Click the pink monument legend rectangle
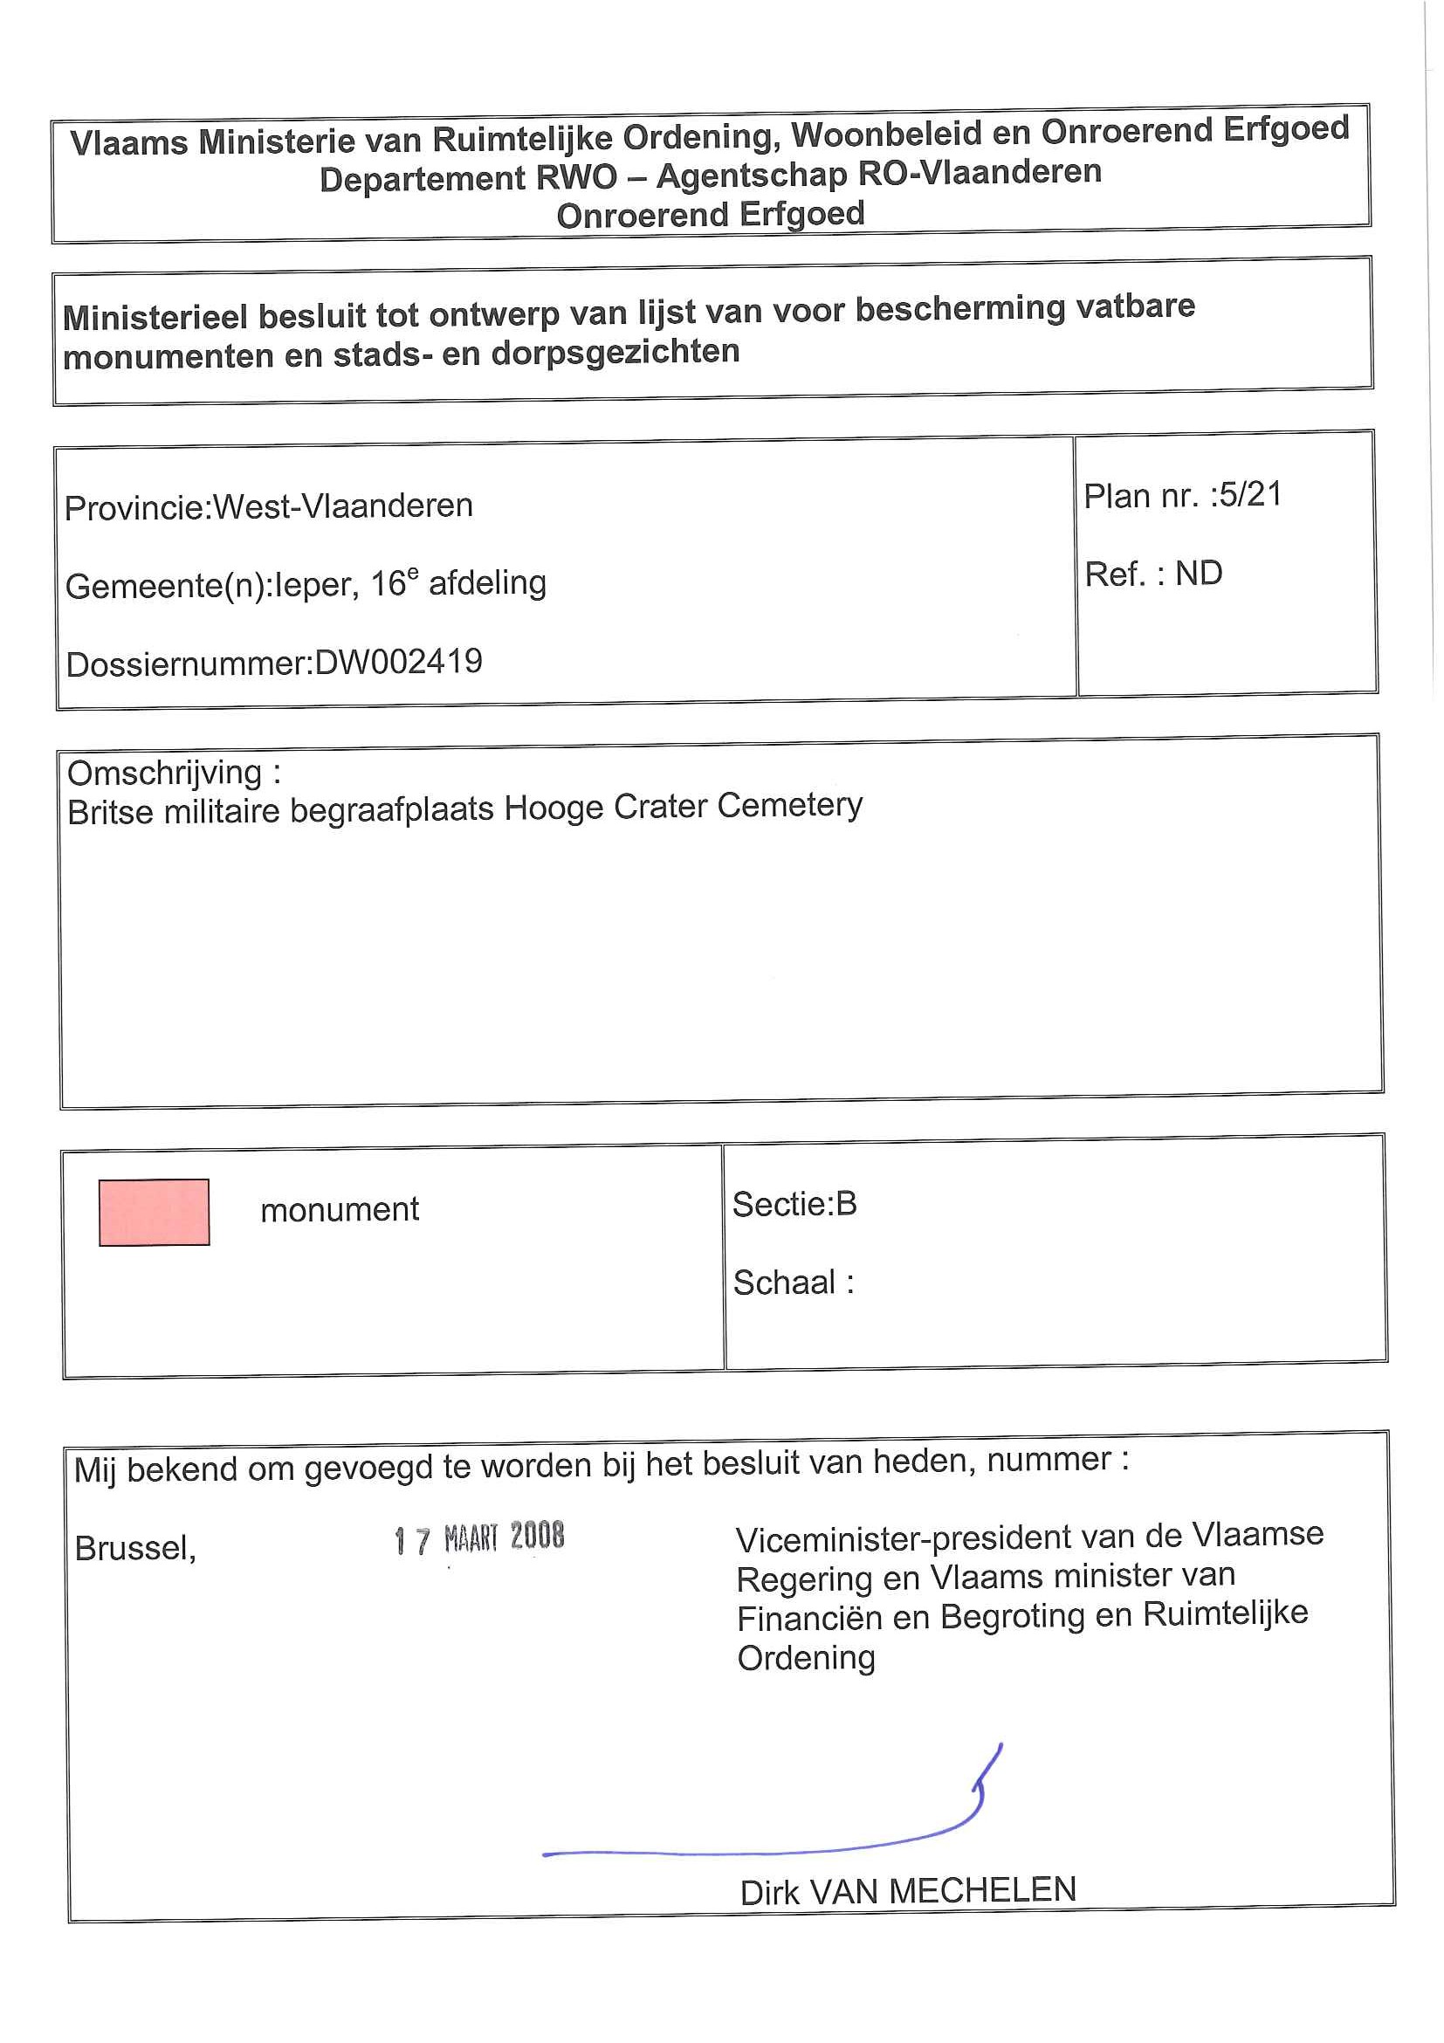[154, 1212]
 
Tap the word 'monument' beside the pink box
[339, 1209]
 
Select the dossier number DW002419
[399, 662]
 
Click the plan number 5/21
[1250, 494]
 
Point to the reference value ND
[1199, 573]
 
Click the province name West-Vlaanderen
[342, 506]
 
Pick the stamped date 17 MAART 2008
[478, 1537]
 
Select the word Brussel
[135, 1548]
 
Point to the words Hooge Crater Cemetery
[684, 806]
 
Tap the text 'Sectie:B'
[794, 1204]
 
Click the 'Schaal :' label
[793, 1283]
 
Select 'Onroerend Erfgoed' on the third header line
[710, 215]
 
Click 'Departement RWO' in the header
[468, 178]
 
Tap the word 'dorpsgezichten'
[615, 352]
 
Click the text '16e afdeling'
[458, 584]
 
